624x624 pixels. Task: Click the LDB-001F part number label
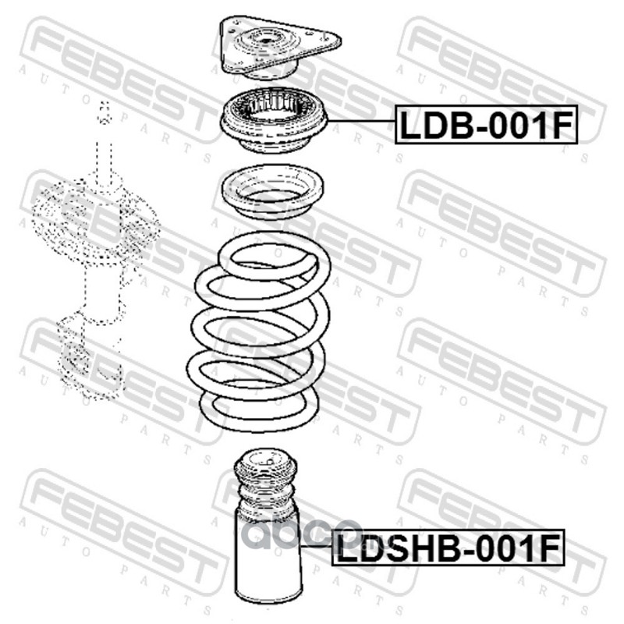click(x=486, y=125)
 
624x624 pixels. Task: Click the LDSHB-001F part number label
click(x=448, y=548)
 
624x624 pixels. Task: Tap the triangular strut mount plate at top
click(x=280, y=48)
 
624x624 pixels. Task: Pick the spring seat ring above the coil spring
click(x=272, y=192)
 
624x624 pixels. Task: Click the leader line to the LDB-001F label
click(x=361, y=121)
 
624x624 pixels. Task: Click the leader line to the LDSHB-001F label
click(x=317, y=547)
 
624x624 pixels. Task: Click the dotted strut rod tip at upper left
click(x=105, y=112)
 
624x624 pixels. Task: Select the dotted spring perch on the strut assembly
click(x=95, y=220)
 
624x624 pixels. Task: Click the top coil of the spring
click(x=275, y=255)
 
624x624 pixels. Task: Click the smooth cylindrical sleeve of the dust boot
click(x=268, y=559)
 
